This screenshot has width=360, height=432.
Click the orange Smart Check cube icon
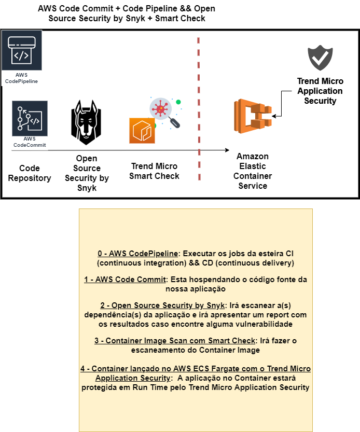tap(142, 130)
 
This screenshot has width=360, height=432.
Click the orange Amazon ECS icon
tap(252, 114)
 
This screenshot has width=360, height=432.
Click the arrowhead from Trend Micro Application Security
tap(274, 116)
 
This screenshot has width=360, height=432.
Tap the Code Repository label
tap(29, 173)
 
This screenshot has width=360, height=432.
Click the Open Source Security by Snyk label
tap(87, 173)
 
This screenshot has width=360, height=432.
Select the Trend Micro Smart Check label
tap(154, 171)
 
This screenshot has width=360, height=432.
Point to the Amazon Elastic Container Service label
tap(252, 171)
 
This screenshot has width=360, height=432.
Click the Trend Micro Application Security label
tap(320, 91)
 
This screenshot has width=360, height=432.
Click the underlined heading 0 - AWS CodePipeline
tap(138, 253)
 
